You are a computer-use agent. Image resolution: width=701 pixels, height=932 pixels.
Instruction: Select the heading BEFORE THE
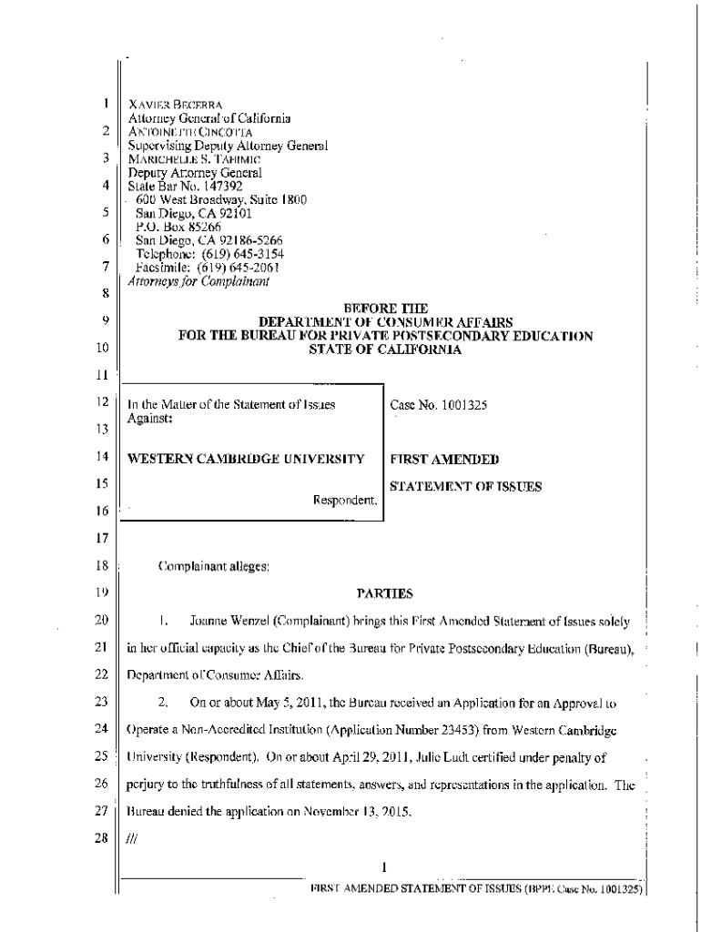pos(385,309)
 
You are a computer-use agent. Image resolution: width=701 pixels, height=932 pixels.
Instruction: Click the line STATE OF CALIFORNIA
pos(386,349)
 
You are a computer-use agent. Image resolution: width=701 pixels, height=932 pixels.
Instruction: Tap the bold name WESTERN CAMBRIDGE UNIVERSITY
pos(247,460)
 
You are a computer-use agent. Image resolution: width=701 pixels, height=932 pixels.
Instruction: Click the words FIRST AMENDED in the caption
pos(444,460)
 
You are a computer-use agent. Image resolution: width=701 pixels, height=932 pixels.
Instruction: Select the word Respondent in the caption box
pos(344,500)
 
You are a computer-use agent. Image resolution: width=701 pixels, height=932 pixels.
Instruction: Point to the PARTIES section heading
pos(385,594)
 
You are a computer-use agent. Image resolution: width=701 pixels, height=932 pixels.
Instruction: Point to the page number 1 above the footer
pos(385,866)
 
